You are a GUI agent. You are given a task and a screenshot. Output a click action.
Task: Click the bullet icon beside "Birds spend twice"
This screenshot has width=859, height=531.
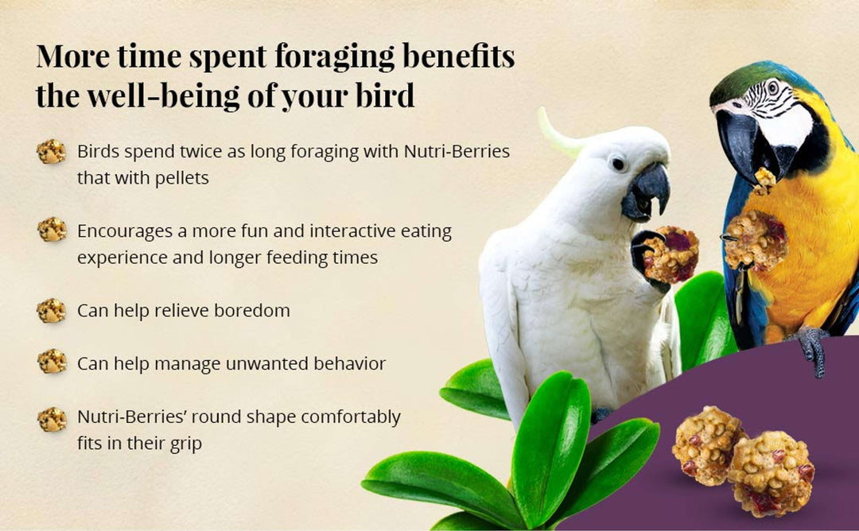(x=52, y=151)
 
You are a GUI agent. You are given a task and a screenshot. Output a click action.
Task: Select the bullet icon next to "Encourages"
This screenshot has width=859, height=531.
(x=52, y=230)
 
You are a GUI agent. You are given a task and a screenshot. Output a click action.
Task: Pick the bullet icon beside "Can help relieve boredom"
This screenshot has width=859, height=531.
(x=52, y=310)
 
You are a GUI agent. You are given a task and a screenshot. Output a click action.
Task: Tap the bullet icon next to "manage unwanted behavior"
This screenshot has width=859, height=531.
(x=52, y=362)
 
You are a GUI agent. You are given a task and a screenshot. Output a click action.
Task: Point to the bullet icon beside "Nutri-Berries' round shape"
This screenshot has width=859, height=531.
(x=52, y=419)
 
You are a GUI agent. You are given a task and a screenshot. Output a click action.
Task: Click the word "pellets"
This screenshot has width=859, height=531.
(x=183, y=178)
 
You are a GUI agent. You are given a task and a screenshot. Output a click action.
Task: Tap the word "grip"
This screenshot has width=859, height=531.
(x=185, y=444)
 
